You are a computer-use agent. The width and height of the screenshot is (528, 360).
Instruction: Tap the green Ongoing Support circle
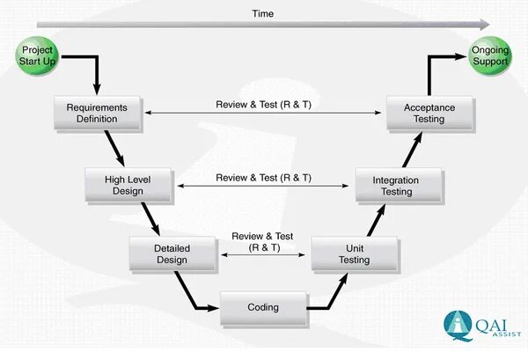[x=488, y=55]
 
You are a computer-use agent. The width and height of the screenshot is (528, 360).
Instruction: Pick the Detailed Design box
[x=172, y=254]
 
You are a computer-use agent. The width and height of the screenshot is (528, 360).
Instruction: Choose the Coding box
[x=262, y=307]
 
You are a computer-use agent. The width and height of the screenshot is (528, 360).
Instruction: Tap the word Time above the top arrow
[x=262, y=13]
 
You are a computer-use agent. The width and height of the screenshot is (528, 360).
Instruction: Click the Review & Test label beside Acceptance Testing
[x=263, y=104]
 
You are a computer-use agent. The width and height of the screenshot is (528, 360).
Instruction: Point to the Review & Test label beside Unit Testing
[x=262, y=242]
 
